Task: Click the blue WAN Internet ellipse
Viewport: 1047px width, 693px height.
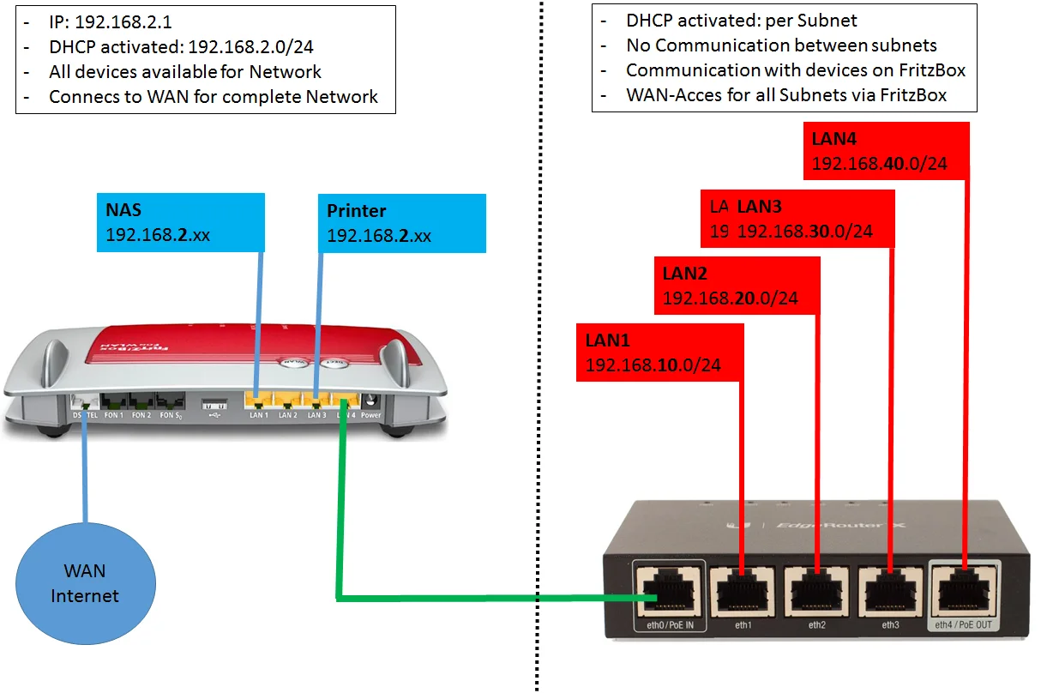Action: (85, 583)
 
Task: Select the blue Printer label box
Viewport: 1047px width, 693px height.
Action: (402, 222)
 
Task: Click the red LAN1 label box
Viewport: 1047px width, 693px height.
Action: (659, 352)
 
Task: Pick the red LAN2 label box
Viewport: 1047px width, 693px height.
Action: (737, 286)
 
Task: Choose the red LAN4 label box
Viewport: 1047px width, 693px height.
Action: (886, 151)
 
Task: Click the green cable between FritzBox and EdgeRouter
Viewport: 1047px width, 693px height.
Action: (480, 597)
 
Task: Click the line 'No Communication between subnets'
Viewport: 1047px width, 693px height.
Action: (781, 45)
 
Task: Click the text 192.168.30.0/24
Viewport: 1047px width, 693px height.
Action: (805, 231)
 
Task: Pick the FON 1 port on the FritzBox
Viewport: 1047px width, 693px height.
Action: (114, 401)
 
